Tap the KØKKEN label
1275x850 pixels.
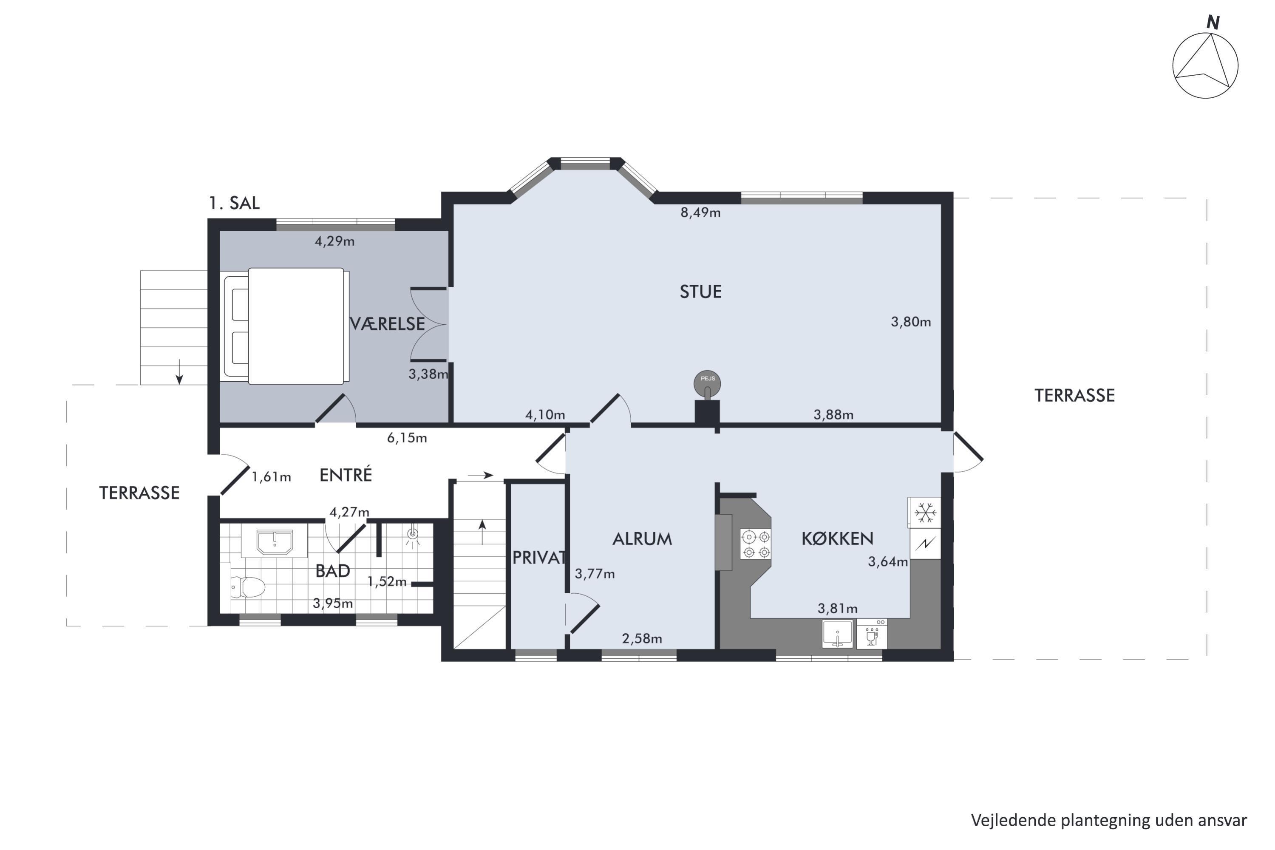[838, 538]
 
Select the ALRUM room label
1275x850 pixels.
[642, 538]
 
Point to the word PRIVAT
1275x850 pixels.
[539, 557]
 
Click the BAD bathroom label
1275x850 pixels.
[332, 570]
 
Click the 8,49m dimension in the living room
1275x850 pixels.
[700, 212]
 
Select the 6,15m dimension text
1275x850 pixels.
[407, 438]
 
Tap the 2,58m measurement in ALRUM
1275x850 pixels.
[642, 639]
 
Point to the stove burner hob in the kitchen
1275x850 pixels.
[756, 544]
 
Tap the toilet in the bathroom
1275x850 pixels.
[248, 586]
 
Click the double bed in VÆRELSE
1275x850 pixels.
[286, 326]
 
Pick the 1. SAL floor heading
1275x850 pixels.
[234, 203]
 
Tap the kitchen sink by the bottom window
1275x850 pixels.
[837, 634]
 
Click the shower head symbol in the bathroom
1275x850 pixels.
[413, 535]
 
